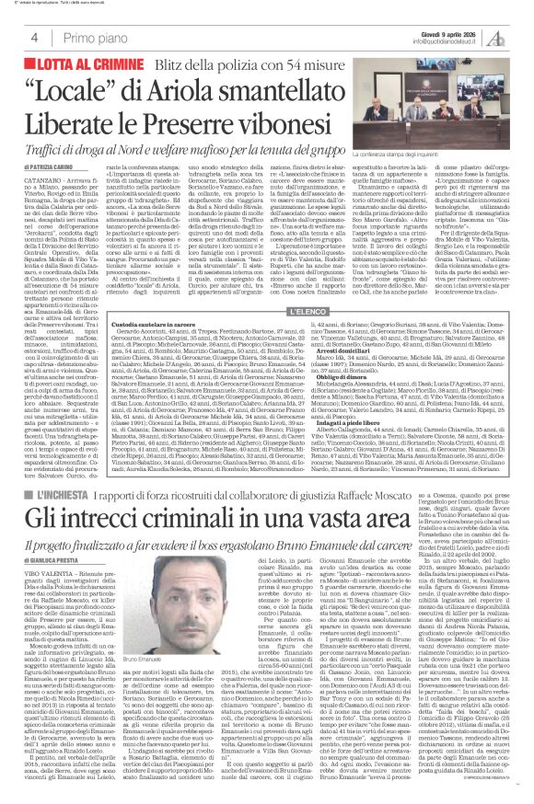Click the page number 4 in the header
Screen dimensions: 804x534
(x=34, y=37)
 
